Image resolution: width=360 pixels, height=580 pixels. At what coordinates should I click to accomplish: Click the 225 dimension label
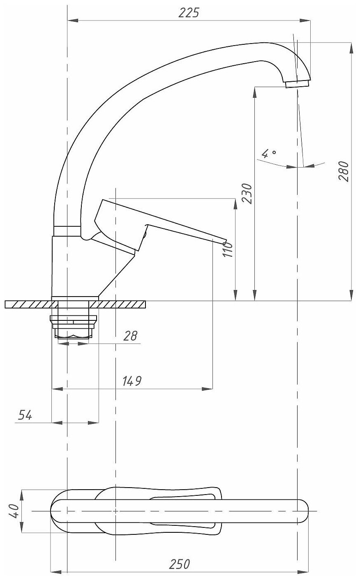coord(189,13)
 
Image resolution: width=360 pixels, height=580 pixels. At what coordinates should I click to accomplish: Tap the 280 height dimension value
coord(343,171)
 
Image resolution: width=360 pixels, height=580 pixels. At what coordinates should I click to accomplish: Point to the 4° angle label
coord(269,154)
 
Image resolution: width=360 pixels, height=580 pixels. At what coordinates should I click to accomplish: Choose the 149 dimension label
coord(132,381)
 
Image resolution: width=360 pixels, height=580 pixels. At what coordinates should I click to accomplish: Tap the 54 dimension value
coord(25,415)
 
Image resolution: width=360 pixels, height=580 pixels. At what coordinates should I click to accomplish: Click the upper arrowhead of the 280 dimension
coord(351,48)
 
